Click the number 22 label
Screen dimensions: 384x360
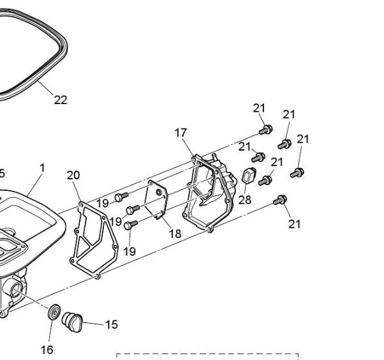click(61, 100)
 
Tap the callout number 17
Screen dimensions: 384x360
click(181, 133)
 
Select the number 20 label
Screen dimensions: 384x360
click(73, 176)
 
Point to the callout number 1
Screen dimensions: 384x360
click(42, 168)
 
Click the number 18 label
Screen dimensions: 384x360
click(175, 234)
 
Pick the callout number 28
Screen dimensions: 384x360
click(245, 200)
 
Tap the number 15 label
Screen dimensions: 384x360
click(112, 324)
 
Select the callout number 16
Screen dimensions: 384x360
click(47, 350)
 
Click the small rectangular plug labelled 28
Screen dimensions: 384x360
click(249, 175)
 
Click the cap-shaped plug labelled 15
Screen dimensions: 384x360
click(72, 322)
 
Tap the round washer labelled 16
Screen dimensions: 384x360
click(54, 312)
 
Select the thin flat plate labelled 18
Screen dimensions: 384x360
click(156, 199)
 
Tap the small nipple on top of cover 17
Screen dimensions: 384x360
click(215, 156)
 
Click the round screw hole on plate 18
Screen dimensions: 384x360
click(159, 192)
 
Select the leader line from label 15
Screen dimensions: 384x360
click(93, 324)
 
